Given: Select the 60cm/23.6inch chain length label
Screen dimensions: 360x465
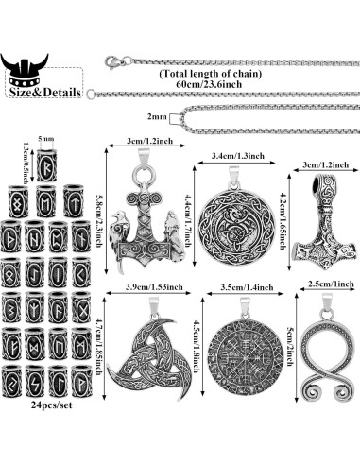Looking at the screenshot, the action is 222,82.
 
